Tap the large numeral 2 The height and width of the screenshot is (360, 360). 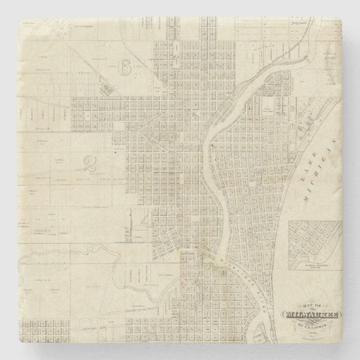[88, 163]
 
